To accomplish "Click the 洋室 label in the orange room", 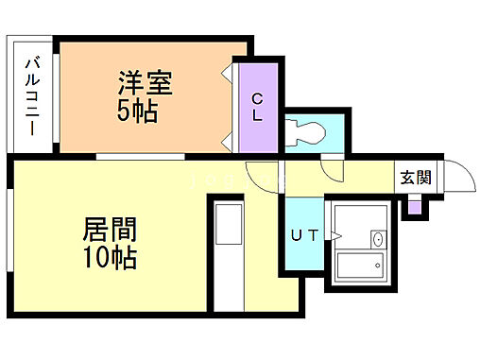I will click(x=144, y=84).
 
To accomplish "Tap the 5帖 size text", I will click(x=138, y=112).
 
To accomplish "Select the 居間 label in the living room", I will click(x=110, y=230).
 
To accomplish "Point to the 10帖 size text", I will click(x=110, y=257).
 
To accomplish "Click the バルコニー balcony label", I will click(x=31, y=95).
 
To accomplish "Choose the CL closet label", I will click(x=258, y=106).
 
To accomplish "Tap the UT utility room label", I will click(x=302, y=235).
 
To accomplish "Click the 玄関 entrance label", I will click(x=415, y=176).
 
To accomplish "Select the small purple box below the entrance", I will click(x=412, y=208).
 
